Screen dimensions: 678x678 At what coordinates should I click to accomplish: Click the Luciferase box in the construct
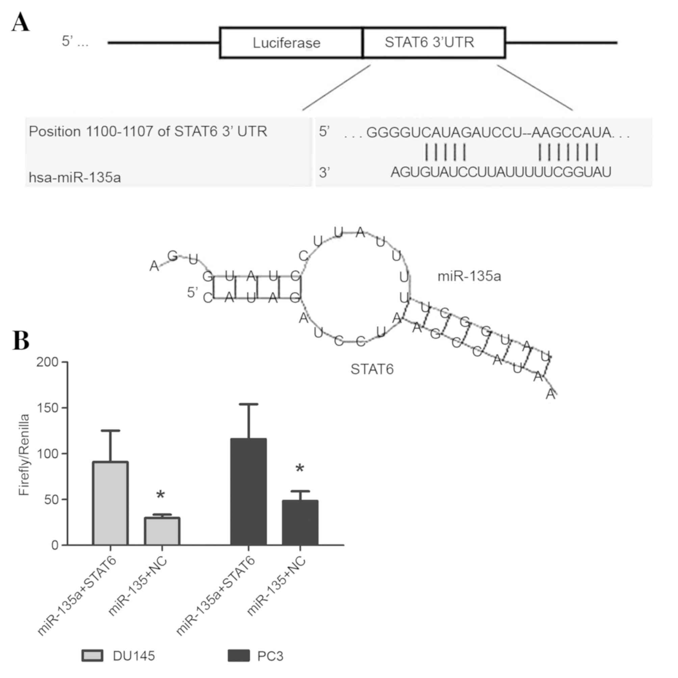pyautogui.click(x=286, y=43)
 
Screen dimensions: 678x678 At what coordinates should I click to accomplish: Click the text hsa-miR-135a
pyautogui.click(x=75, y=178)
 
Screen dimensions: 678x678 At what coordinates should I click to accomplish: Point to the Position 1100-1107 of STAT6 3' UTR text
pyautogui.click(x=148, y=132)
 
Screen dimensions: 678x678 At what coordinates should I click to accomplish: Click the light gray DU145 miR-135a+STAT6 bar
pyautogui.click(x=110, y=503)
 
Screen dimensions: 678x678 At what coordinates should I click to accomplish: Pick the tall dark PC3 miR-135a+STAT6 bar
pyautogui.click(x=248, y=492)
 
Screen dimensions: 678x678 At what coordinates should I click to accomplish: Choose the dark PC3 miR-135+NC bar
pyautogui.click(x=300, y=523)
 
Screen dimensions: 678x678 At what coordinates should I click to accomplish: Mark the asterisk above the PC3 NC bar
pyautogui.click(x=300, y=469)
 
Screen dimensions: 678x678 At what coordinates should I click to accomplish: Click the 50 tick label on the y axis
pyautogui.click(x=51, y=499)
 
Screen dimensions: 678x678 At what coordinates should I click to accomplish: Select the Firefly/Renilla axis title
pyautogui.click(x=24, y=455)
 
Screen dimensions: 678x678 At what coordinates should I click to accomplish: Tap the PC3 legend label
pyautogui.click(x=270, y=656)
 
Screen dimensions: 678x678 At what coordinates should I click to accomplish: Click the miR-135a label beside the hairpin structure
pyautogui.click(x=469, y=277)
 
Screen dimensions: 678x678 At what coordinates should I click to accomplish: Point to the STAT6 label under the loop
pyautogui.click(x=372, y=369)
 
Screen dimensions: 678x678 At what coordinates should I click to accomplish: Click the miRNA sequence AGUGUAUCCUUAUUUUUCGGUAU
pyautogui.click(x=501, y=172)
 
